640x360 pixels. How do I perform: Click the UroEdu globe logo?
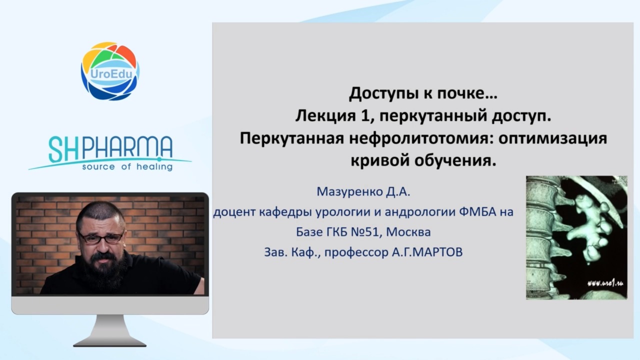[x=110, y=71]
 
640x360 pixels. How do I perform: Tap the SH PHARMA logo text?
[x=110, y=149]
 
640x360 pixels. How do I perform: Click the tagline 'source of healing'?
[x=127, y=166]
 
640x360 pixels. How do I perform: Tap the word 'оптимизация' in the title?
[x=552, y=139]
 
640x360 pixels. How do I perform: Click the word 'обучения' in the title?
[x=455, y=161]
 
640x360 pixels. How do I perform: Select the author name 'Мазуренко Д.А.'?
[x=363, y=191]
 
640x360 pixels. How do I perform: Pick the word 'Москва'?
[x=408, y=232]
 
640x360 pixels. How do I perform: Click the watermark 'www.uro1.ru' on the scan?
[x=605, y=283]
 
